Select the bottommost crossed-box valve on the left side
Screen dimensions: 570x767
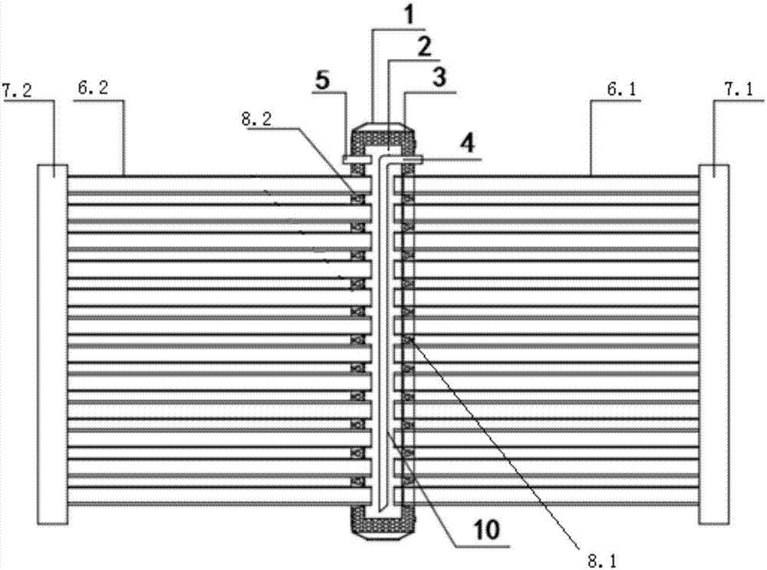coord(357,480)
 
